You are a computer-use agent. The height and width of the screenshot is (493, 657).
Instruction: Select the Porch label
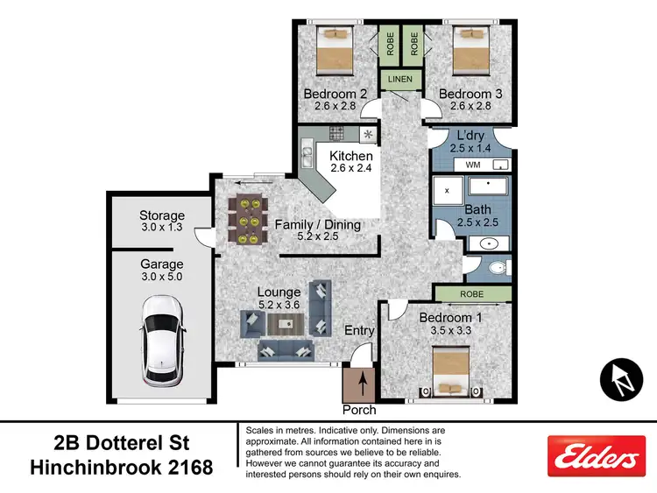[359, 410]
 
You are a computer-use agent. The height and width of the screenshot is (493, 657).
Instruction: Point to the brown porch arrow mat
[359, 384]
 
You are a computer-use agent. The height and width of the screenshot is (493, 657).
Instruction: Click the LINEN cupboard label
[399, 80]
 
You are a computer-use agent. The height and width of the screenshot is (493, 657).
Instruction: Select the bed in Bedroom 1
[452, 370]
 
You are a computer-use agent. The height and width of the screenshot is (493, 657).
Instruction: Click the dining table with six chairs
[245, 219]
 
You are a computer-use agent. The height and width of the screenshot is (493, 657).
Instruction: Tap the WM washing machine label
[472, 164]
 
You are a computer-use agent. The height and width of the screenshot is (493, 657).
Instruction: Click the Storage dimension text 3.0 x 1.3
[162, 229]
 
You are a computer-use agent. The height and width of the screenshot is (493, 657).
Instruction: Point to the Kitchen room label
[350, 156]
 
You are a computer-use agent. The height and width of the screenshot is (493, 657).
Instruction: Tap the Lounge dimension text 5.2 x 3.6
[279, 305]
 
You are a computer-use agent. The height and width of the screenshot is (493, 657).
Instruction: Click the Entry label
[359, 330]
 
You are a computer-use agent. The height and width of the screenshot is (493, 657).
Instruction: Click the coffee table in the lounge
[284, 325]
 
